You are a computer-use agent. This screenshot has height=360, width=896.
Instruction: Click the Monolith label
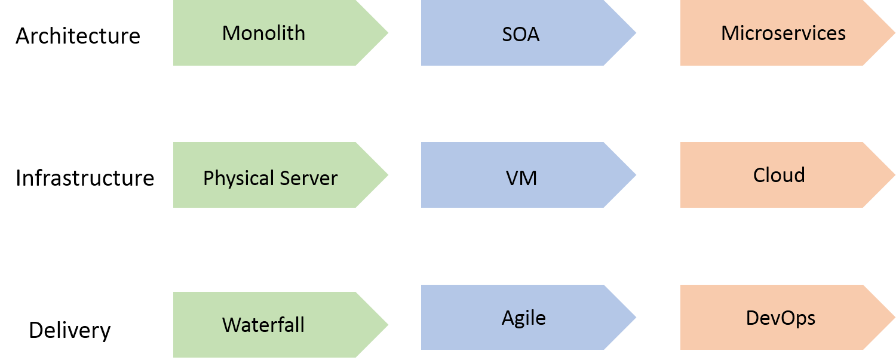pyautogui.click(x=263, y=33)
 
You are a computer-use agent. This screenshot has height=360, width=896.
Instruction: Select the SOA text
pyautogui.click(x=521, y=35)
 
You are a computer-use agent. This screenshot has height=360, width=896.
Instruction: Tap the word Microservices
pyautogui.click(x=783, y=33)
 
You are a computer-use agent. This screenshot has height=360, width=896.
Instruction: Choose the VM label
pyautogui.click(x=521, y=178)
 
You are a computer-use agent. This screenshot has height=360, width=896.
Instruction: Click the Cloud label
pyautogui.click(x=779, y=175)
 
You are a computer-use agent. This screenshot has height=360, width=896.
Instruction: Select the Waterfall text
pyautogui.click(x=263, y=325)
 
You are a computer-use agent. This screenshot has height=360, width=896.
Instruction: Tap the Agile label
pyautogui.click(x=524, y=318)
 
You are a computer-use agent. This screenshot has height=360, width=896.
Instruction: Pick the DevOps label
pyautogui.click(x=781, y=318)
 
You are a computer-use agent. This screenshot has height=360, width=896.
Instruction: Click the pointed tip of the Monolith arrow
pyautogui.click(x=388, y=33)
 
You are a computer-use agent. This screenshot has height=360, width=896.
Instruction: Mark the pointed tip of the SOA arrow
pyautogui.click(x=636, y=33)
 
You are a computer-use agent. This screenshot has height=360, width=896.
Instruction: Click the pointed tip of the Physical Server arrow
pyautogui.click(x=388, y=175)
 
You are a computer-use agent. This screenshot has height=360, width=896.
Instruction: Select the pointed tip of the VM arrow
pyautogui.click(x=636, y=175)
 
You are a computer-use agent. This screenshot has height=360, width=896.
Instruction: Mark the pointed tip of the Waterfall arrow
pyautogui.click(x=388, y=325)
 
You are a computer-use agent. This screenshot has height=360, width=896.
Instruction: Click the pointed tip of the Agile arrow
pyautogui.click(x=636, y=317)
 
